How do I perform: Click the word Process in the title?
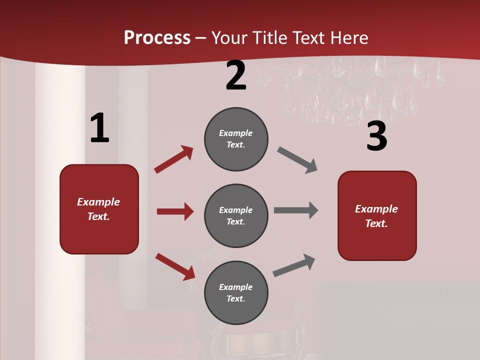point(157,38)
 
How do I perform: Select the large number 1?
point(99,128)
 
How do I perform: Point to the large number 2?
point(236,75)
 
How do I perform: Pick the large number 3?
point(376,136)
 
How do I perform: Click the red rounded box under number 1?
point(99,209)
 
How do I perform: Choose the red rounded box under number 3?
point(377,215)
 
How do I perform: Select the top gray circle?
point(236,139)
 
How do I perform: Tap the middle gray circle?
point(236,215)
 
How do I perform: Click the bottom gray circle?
point(236,292)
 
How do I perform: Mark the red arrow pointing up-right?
point(173,159)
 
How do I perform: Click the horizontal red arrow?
point(175,211)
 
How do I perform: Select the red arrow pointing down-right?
point(175,266)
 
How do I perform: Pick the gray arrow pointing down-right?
point(297,160)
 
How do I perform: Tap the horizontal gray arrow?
point(296,210)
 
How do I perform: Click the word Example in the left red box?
point(98,202)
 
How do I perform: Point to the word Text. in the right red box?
point(376,223)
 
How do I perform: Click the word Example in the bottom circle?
point(236,287)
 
